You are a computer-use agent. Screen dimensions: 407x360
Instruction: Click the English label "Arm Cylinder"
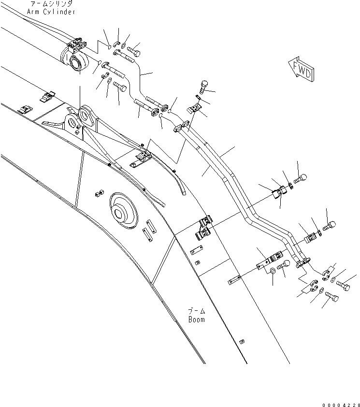pos(58,12)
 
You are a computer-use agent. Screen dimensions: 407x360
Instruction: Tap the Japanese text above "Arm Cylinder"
pos(58,4)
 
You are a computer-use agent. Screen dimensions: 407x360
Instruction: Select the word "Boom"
pos(196,320)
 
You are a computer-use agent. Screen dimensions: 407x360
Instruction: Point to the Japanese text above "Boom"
pos(196,311)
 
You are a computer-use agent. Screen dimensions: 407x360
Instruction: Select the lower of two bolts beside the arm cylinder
pos(120,86)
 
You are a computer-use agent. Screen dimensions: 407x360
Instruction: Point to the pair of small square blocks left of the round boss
pos(98,193)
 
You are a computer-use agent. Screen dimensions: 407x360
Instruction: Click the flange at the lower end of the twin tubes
pos(300,262)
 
